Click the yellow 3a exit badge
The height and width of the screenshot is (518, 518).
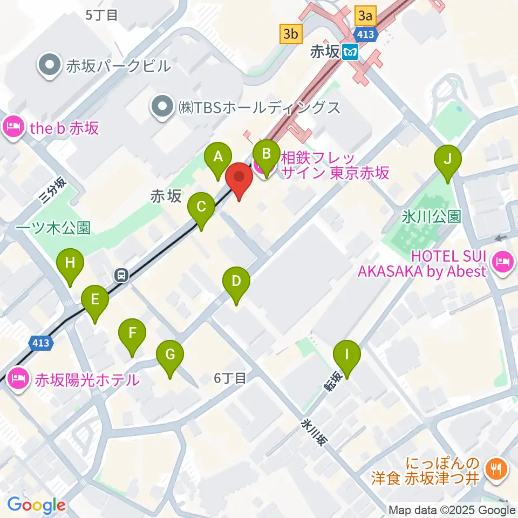365,16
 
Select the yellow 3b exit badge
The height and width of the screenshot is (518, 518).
290,34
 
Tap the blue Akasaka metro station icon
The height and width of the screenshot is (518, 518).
351,52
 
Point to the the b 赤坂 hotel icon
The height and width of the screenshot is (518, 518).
12,128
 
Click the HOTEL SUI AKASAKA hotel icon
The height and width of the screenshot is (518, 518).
502,262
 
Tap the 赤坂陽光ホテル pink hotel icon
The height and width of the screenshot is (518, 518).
17,379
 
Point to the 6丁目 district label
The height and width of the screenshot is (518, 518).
229,379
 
